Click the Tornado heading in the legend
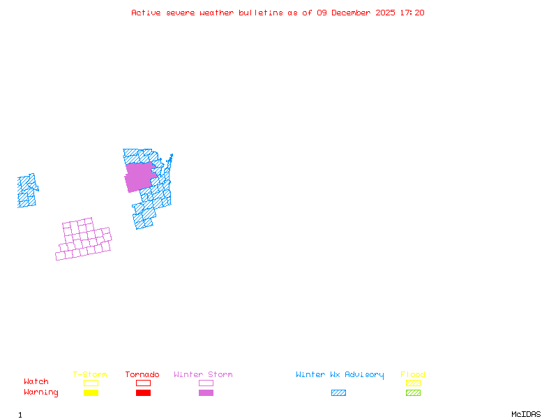(142, 374)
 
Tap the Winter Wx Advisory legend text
(340, 374)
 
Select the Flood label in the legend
(413, 374)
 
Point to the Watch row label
(36, 382)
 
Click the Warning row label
(41, 392)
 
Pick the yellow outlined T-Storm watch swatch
(91, 383)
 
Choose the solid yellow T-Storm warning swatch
(91, 392)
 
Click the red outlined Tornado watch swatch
(143, 383)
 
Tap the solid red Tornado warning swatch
(143, 392)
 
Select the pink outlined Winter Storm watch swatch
(206, 383)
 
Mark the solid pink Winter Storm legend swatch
(206, 392)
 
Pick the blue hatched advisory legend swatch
(338, 392)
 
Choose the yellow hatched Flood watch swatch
(413, 383)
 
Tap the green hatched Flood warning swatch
(413, 392)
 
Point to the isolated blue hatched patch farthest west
(27, 191)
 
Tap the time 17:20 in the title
(412, 13)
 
